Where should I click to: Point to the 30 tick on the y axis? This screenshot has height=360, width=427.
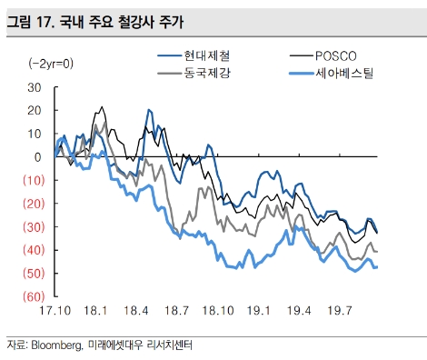point(35,87)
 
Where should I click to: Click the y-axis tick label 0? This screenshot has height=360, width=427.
point(39,157)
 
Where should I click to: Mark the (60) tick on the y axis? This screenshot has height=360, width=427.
point(32,296)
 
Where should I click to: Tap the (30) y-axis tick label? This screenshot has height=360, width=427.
point(32,226)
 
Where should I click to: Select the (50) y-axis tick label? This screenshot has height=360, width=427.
point(32,273)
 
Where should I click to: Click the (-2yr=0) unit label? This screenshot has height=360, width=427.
point(51,63)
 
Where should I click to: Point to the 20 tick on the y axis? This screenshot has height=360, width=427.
point(35,110)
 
